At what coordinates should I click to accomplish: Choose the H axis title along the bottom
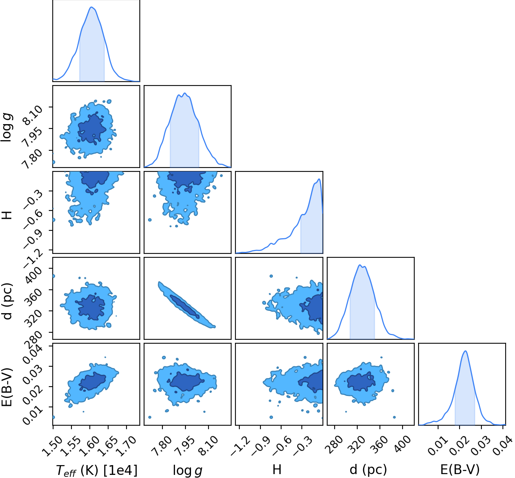[x=277, y=469]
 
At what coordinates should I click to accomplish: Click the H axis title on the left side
[x=7, y=215]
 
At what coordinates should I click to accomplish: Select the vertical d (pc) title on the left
[x=7, y=301]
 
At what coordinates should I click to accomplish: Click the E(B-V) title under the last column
[x=460, y=469]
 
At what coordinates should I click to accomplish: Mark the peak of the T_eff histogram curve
[x=91, y=7]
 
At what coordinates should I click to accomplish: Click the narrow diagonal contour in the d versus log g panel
[x=187, y=305]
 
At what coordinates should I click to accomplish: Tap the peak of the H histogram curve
[x=319, y=179]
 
